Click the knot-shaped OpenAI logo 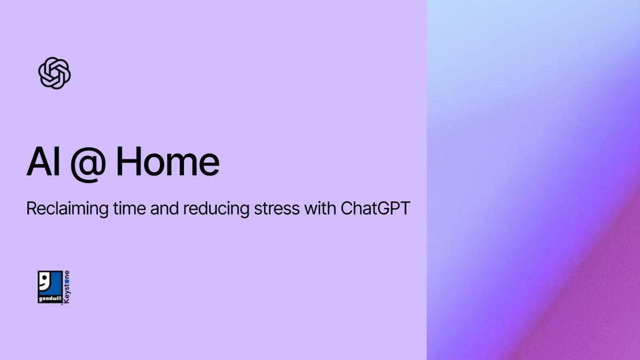point(54,73)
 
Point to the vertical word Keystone point(66,288)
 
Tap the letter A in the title point(37,162)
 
